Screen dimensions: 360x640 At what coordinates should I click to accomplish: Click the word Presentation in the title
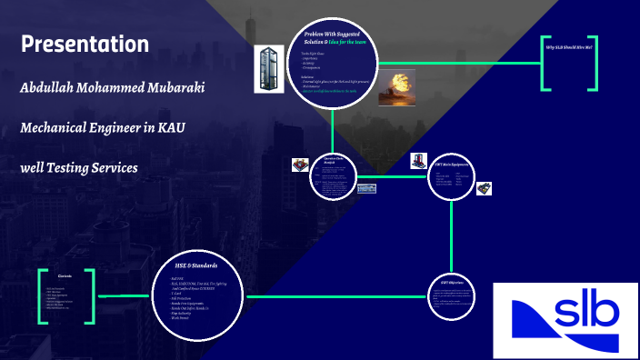[x=85, y=44]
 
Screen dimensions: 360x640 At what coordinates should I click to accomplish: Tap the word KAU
[x=171, y=128]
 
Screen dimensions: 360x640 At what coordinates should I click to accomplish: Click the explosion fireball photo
[x=396, y=85]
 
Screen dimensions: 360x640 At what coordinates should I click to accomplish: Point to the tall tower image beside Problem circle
[x=270, y=67]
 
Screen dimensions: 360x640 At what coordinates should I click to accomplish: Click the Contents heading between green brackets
[x=65, y=275]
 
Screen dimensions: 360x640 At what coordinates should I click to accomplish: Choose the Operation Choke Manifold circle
[x=333, y=176]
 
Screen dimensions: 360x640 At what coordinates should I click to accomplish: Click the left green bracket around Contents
[x=42, y=295]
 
